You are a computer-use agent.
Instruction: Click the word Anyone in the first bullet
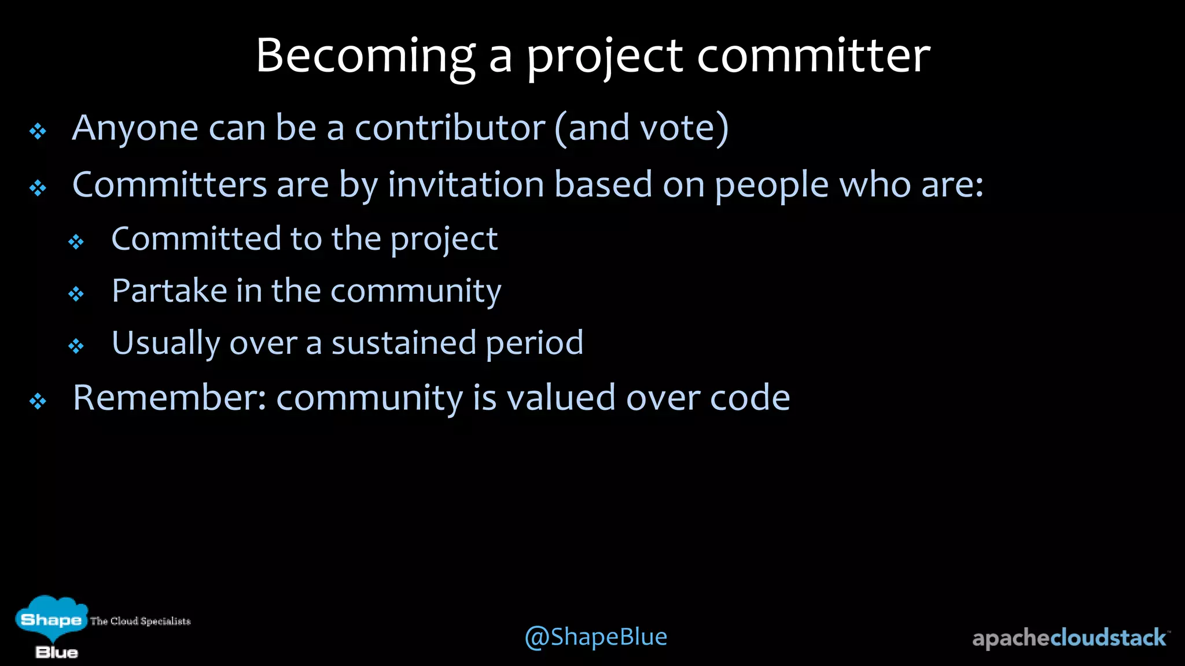click(x=135, y=128)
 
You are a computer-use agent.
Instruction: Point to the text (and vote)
click(x=641, y=128)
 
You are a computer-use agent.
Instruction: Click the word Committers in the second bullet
click(x=169, y=185)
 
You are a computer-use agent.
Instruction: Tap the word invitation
click(x=466, y=185)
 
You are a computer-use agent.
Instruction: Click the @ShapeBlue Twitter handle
click(x=595, y=637)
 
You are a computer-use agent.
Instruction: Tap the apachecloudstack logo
click(x=1070, y=638)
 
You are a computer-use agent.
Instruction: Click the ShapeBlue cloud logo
click(x=51, y=621)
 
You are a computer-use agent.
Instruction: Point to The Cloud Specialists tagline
click(x=140, y=621)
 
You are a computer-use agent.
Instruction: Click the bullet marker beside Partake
click(x=76, y=294)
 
